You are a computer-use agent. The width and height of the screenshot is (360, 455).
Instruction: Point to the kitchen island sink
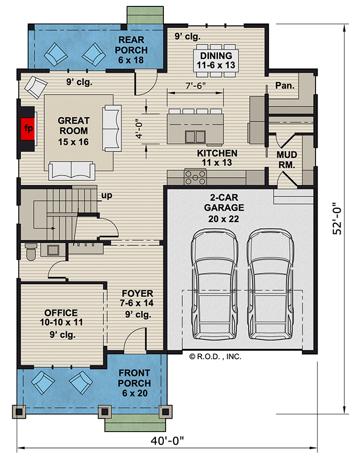click(193, 136)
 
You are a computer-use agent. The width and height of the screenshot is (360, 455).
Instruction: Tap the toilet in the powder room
click(32, 251)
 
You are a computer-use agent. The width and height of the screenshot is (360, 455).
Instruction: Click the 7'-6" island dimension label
click(196, 86)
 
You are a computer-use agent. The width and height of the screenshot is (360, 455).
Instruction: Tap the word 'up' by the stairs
click(106, 196)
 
